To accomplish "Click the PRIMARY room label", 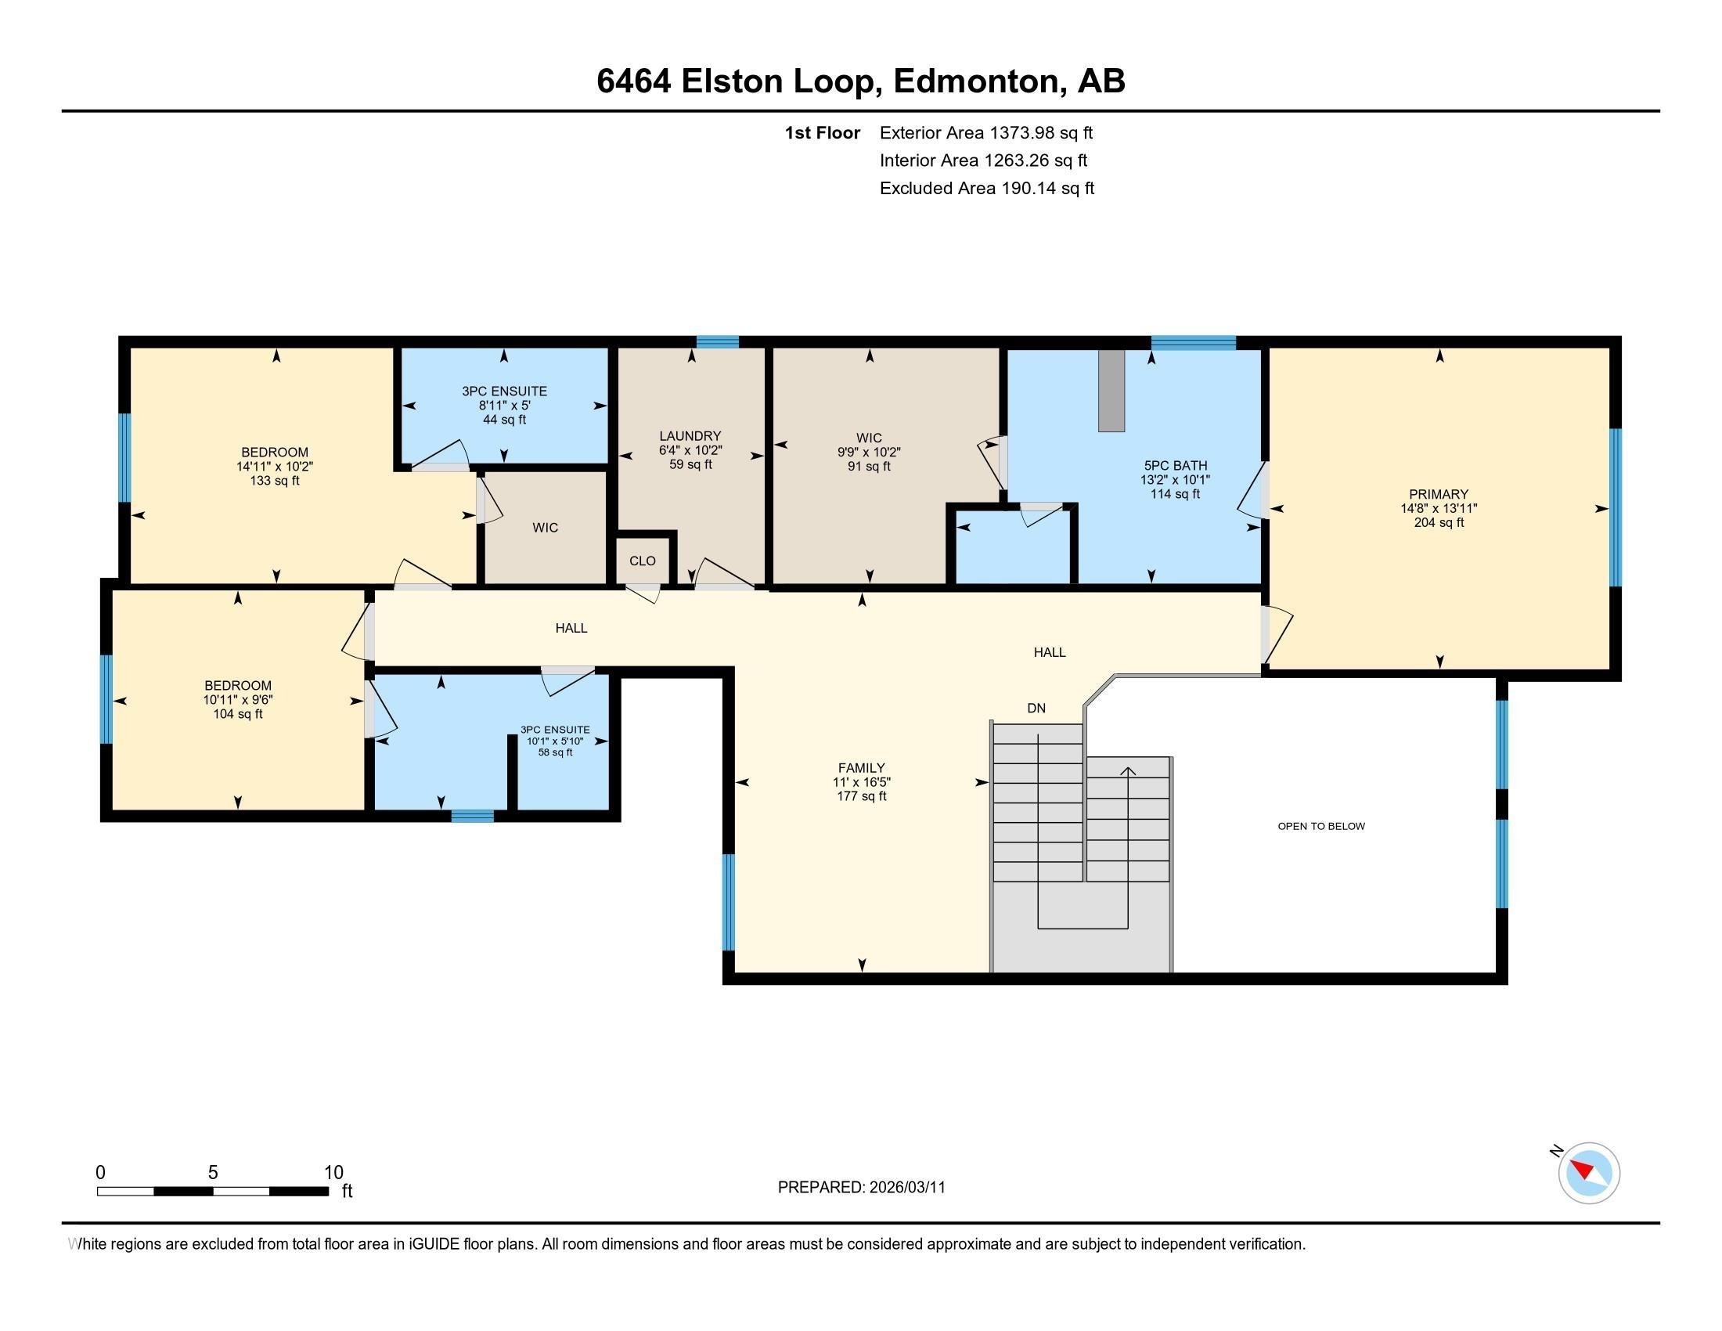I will tap(1439, 494).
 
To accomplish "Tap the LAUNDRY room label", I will tap(690, 436).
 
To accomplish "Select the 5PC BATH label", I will tap(1175, 466).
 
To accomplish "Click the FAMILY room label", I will tap(861, 768).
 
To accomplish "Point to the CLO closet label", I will tap(642, 561).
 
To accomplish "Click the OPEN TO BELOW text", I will tap(1320, 826).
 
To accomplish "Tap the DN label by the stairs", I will tap(1036, 708).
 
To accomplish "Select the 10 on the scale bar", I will tap(333, 1173).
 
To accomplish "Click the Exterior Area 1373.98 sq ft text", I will tap(985, 132).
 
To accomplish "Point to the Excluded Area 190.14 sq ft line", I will tap(986, 188).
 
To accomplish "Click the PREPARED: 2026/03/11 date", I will tap(861, 1188).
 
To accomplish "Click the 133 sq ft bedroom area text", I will tap(275, 481).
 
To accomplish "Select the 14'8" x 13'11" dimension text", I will tap(1439, 509).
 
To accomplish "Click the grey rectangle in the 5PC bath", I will tap(1111, 391).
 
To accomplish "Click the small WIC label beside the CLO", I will tap(545, 528).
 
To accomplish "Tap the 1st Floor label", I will tap(822, 132).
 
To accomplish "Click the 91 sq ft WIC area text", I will tap(869, 467).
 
